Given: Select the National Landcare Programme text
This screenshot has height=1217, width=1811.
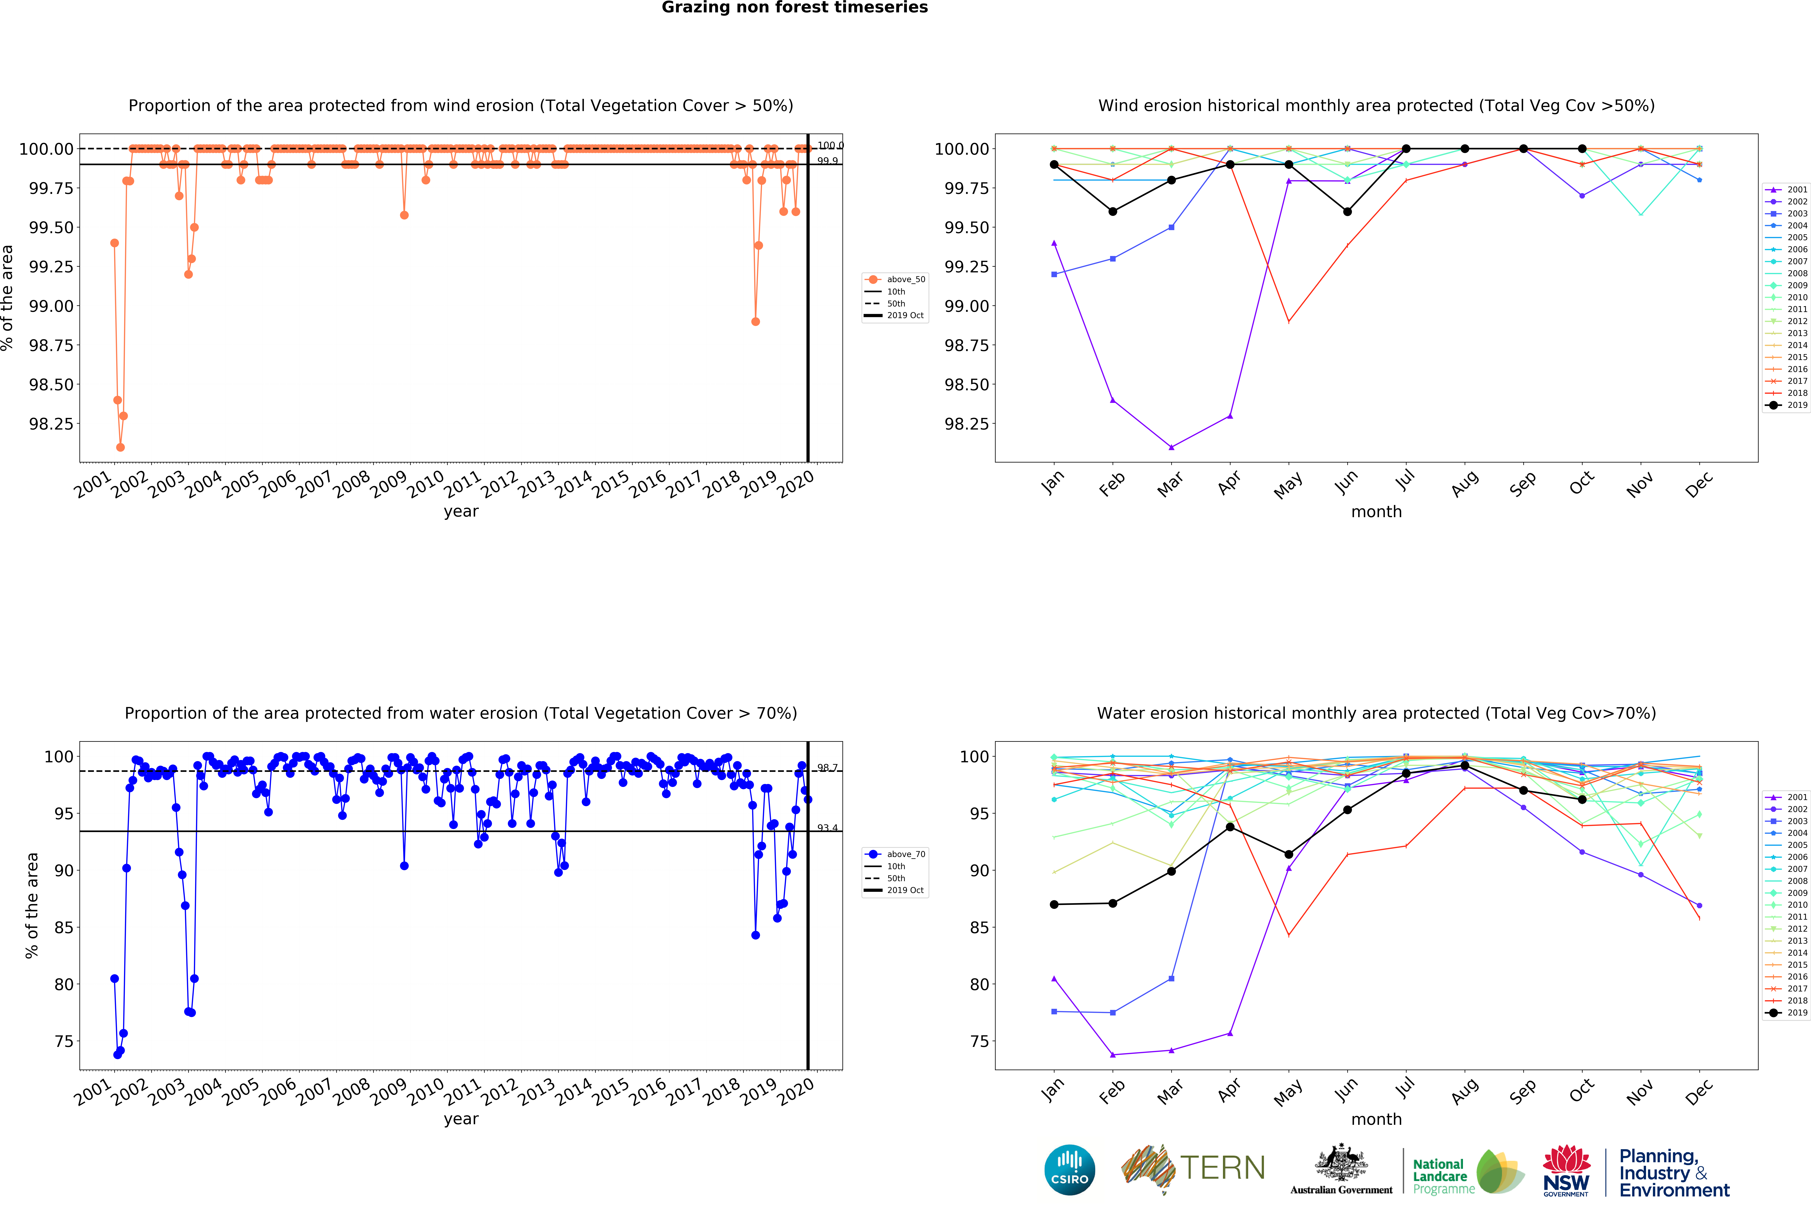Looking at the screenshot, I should tap(1442, 1176).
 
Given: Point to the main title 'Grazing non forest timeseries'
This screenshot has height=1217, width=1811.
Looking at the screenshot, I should tap(794, 8).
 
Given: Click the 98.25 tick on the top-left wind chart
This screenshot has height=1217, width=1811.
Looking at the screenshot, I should tap(51, 424).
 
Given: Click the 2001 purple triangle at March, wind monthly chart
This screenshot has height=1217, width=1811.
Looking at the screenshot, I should tap(1171, 447).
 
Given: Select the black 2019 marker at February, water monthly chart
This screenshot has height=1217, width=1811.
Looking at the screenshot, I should tap(1112, 903).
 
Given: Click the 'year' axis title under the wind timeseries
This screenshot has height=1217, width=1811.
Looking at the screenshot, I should tap(461, 511).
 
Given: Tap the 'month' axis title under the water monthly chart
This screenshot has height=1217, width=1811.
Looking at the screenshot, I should tap(1376, 1119).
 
